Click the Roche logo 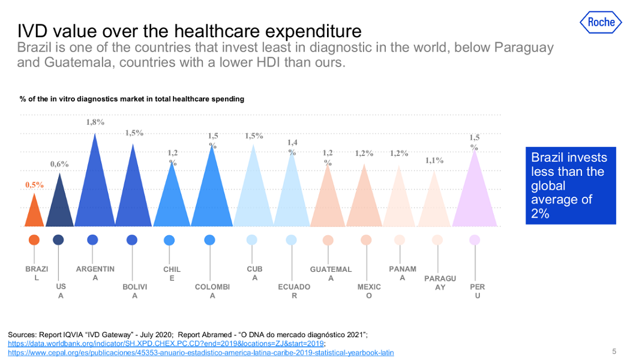point(601,22)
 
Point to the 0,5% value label point(34,185)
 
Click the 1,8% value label point(95,122)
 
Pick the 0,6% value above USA point(59,164)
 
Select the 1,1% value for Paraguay point(434,160)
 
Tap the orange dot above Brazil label point(34,240)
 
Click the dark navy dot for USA point(58,240)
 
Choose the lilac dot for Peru point(475,240)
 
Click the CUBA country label point(255,274)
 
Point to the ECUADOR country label point(294,291)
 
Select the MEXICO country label point(369,291)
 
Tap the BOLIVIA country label point(135,291)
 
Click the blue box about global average point(570,185)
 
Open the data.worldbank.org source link point(166,344)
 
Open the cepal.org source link point(200,353)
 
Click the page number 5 point(614,351)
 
